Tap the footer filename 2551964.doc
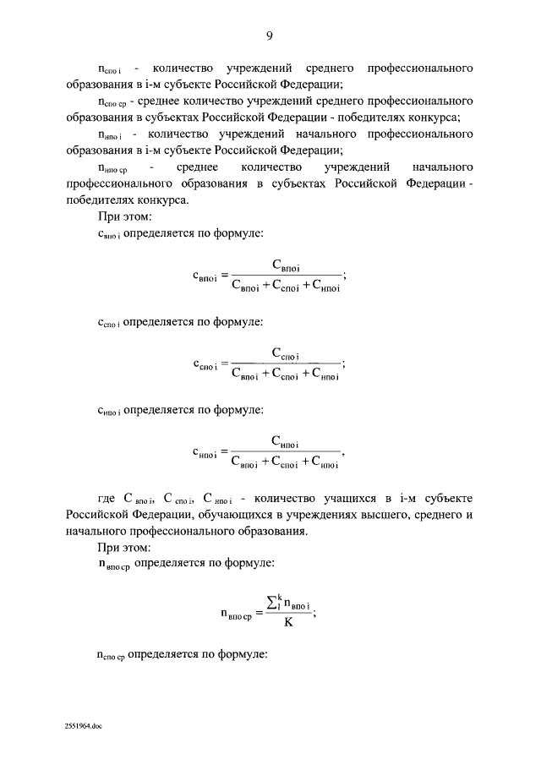(82, 725)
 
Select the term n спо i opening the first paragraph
(111, 68)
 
